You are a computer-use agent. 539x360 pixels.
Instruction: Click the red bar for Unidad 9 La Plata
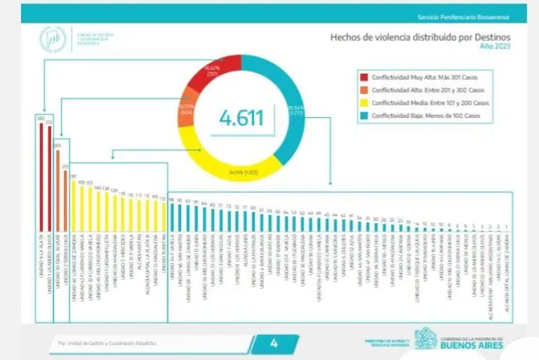[x=41, y=175]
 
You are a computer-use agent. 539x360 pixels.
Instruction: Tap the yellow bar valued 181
[x=73, y=204]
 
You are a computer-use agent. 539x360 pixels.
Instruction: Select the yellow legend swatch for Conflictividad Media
[x=364, y=102]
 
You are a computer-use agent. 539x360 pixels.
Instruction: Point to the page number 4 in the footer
[x=274, y=343]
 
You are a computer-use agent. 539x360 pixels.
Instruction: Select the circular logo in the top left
[x=53, y=39]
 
